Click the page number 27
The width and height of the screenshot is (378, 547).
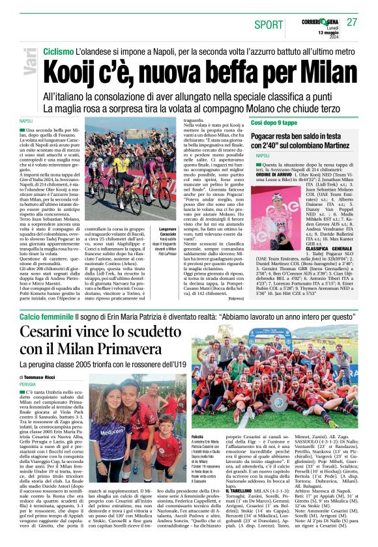click(353, 22)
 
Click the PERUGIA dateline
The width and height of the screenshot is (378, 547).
click(28, 385)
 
